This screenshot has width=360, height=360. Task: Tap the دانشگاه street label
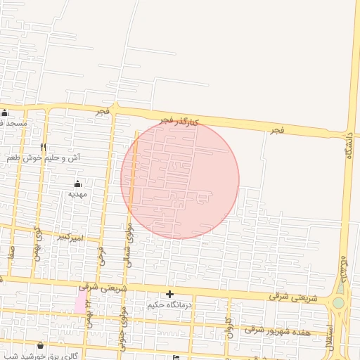coord(348,146)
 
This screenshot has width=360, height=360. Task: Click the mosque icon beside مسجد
coord(5,113)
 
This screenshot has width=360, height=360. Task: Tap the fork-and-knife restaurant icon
coord(44,147)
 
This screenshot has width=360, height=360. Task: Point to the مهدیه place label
coord(77,193)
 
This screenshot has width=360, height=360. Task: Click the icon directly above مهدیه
coord(77,184)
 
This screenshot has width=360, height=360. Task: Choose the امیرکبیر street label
coord(70,238)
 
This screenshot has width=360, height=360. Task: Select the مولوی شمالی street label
coord(127,236)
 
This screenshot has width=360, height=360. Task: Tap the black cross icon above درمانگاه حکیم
coord(169,294)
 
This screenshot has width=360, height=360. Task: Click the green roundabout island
coord(340,302)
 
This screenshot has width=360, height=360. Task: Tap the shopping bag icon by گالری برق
coord(40,345)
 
